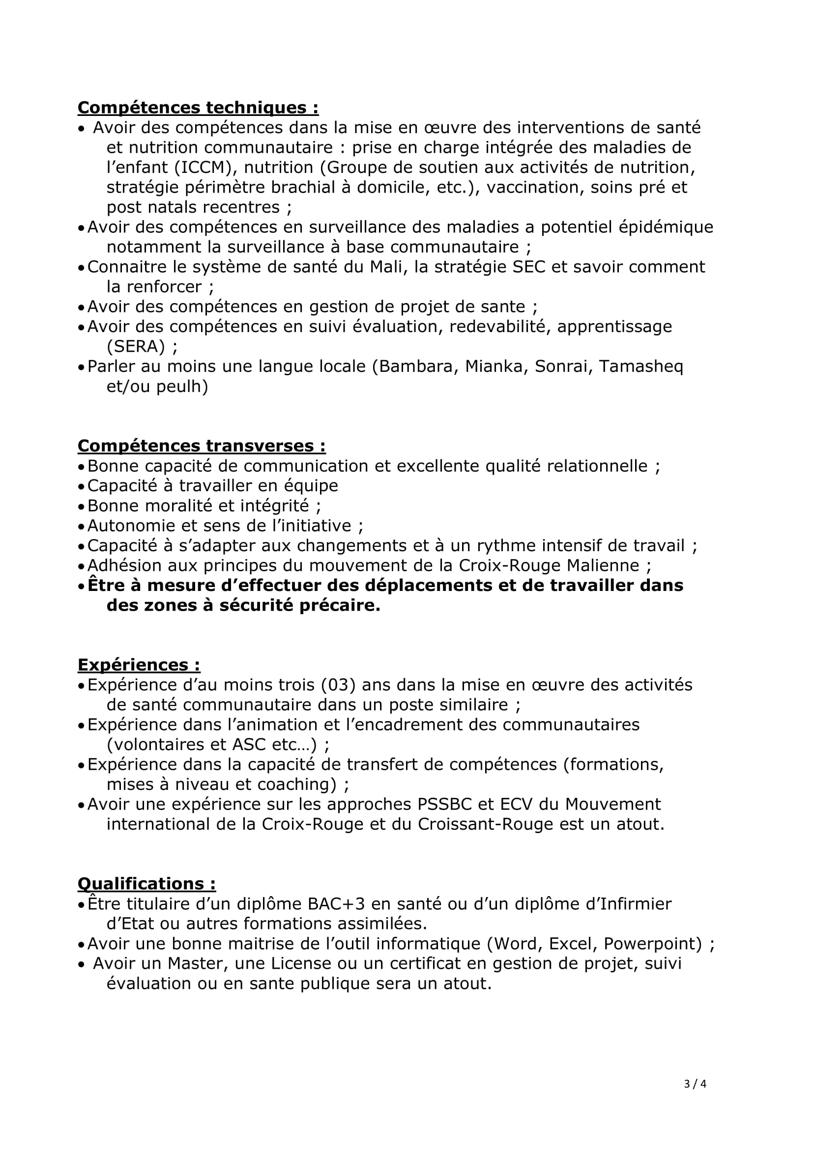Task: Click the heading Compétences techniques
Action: click(x=198, y=108)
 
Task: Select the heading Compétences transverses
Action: click(x=201, y=446)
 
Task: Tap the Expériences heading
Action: click(x=139, y=665)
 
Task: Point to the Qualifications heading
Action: click(x=146, y=884)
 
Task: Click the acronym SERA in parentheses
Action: click(x=136, y=346)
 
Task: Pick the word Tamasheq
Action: click(x=641, y=366)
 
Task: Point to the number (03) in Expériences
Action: click(x=338, y=685)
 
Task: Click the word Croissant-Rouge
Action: click(x=485, y=824)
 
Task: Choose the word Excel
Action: click(x=571, y=944)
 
